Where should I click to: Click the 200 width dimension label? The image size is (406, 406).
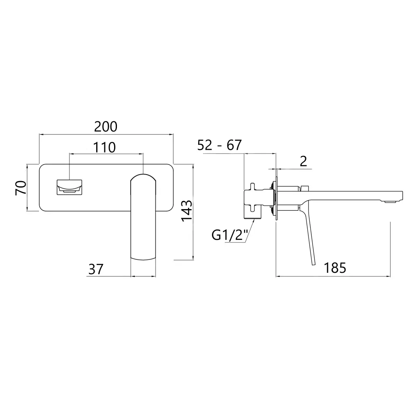click(106, 127)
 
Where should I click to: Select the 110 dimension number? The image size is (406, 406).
click(104, 147)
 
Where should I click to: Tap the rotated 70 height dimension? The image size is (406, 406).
click(21, 188)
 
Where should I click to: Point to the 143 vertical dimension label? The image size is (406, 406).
click(187, 211)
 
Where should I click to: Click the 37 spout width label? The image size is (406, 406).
click(96, 269)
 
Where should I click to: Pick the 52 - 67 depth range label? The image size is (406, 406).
click(219, 145)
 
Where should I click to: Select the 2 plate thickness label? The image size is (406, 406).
click(303, 161)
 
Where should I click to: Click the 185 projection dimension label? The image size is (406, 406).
click(335, 268)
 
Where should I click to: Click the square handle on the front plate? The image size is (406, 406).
click(69, 187)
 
